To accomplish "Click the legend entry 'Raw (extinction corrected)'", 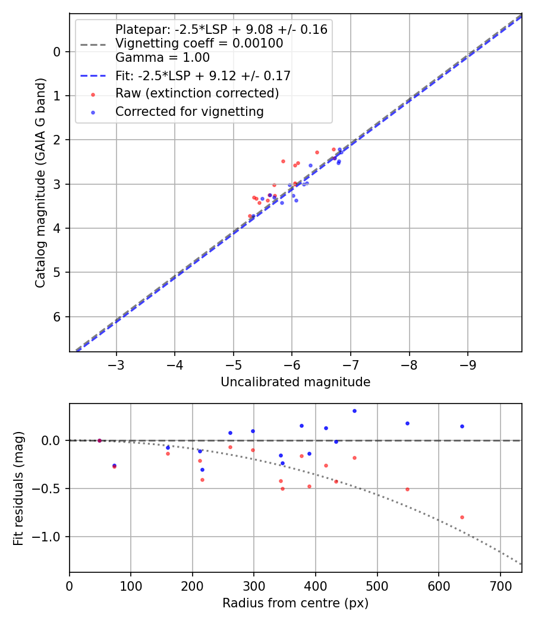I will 197,94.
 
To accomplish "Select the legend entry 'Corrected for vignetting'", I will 189,111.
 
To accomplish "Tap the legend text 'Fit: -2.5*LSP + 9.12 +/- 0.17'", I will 203,76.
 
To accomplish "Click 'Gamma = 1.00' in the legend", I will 162,58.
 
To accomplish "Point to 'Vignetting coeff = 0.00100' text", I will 199,43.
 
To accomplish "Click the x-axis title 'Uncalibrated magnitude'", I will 295,382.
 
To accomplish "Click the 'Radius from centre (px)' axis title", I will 295,603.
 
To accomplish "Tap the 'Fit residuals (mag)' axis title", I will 18,489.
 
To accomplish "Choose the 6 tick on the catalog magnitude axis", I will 58,317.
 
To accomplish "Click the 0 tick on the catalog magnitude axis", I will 58,52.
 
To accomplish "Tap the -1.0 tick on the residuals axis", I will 49,537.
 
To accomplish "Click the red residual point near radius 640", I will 462,517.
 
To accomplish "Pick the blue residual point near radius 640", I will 462,426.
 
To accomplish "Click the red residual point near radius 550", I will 407,489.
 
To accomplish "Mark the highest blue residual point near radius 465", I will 354,411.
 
